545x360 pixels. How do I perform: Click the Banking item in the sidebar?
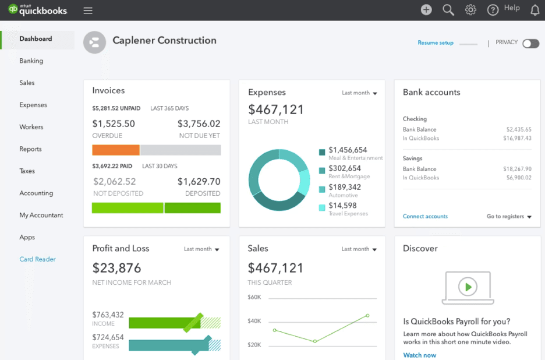click(31, 61)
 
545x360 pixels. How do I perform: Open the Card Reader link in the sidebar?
click(37, 259)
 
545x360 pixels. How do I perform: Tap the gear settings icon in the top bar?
click(470, 10)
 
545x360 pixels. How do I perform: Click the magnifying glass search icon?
click(448, 10)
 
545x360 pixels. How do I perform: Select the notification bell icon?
click(535, 10)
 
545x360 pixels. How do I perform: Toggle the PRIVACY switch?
click(530, 44)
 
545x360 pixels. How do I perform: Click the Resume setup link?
click(436, 43)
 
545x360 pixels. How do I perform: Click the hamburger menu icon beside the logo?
click(88, 10)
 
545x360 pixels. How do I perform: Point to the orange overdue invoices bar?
click(116, 150)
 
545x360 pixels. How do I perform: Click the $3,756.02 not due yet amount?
click(199, 123)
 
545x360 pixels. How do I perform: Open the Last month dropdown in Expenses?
click(359, 93)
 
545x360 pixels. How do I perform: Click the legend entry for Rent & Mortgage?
click(345, 169)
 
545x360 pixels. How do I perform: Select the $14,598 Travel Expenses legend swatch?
click(322, 207)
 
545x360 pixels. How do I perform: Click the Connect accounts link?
click(425, 216)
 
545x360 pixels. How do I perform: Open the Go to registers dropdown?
click(509, 217)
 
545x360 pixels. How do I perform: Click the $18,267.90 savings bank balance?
click(517, 169)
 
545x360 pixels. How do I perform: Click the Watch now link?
click(419, 355)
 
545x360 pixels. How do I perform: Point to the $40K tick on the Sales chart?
click(254, 321)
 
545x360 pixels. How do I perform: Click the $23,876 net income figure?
click(117, 267)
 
